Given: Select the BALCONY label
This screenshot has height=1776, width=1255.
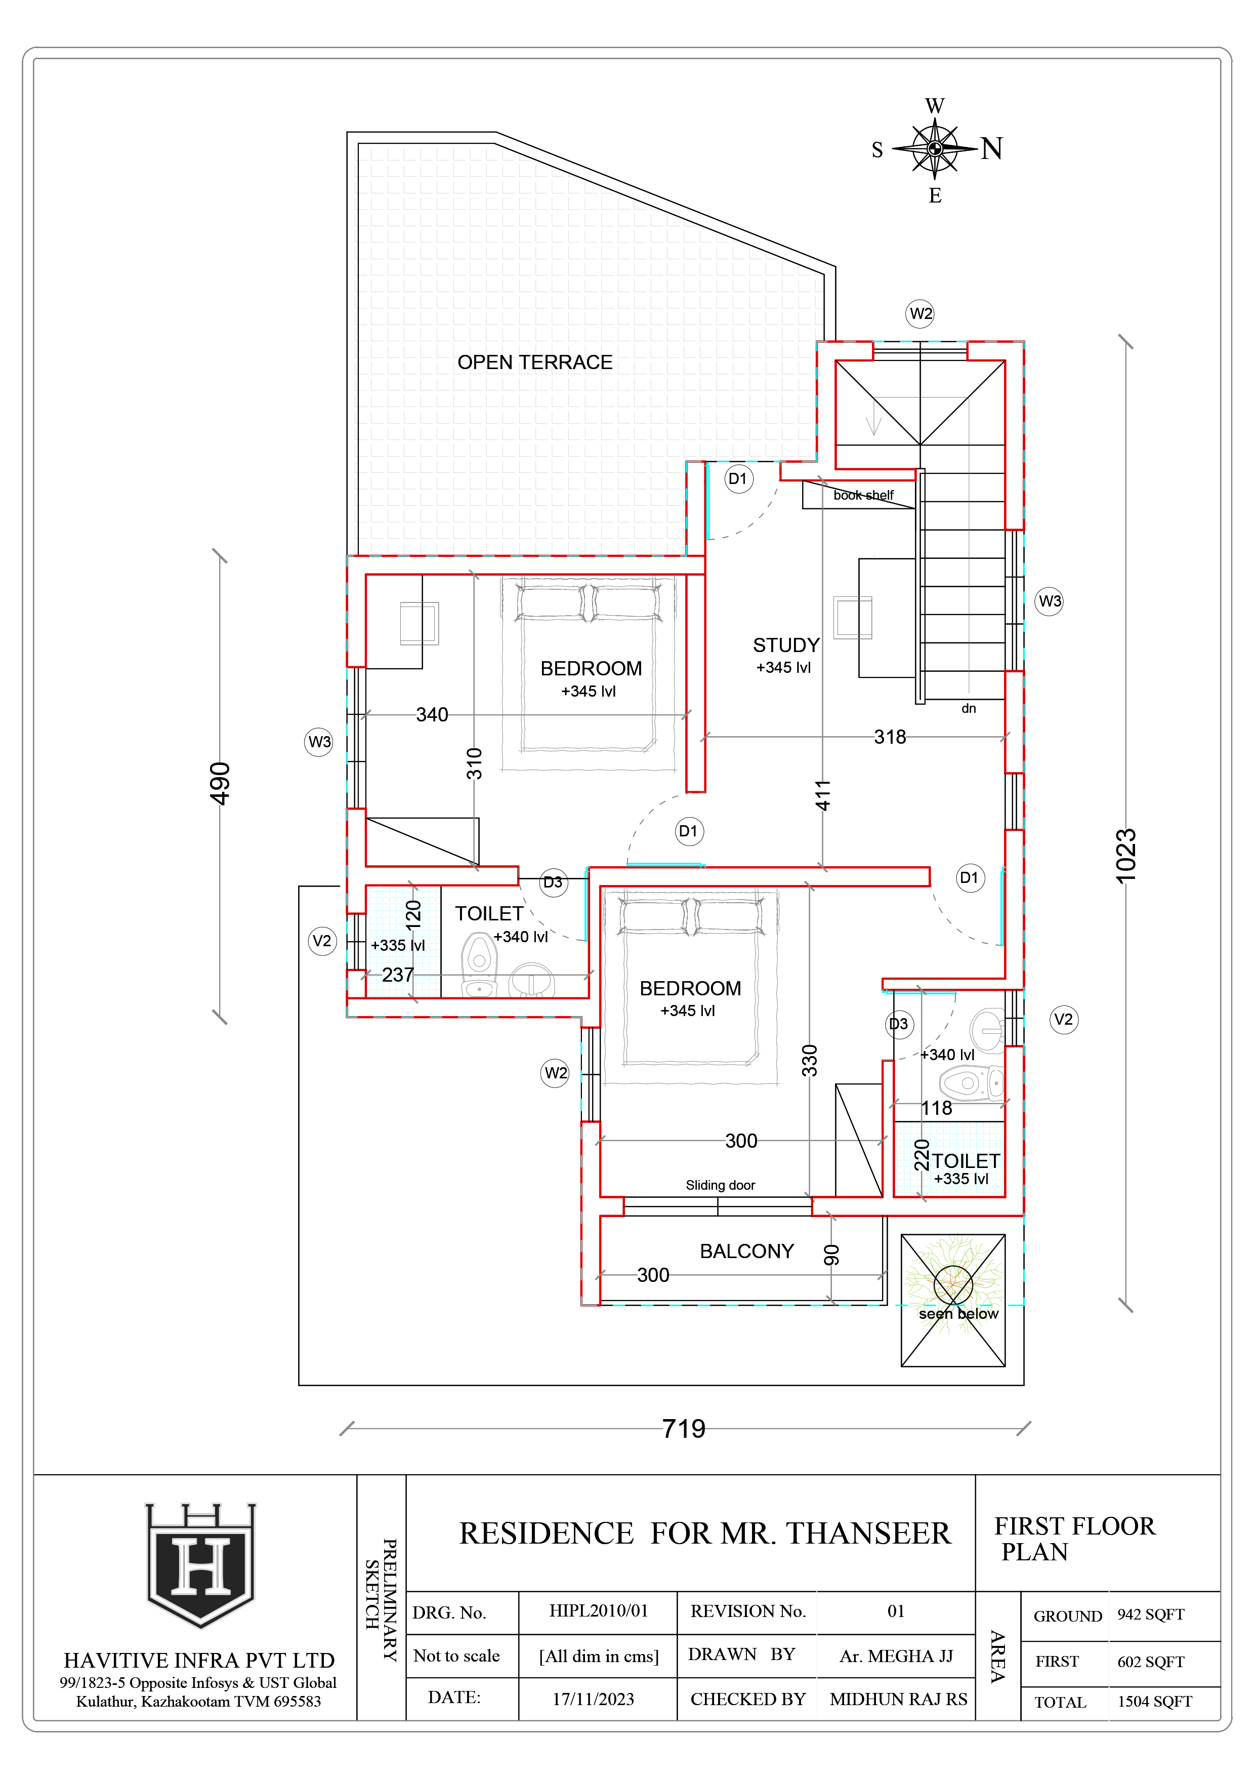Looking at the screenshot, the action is click(746, 1251).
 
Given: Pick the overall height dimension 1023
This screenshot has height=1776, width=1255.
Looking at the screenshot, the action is click(1126, 856).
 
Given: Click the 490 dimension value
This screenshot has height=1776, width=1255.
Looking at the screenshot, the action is click(220, 784).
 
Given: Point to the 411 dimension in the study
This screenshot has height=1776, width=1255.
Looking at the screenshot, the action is click(823, 795).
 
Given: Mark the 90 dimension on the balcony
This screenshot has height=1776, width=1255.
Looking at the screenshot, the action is click(831, 1255).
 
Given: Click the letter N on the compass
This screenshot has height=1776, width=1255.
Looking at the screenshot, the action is click(992, 148).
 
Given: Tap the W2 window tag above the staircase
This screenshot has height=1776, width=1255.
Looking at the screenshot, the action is click(920, 314).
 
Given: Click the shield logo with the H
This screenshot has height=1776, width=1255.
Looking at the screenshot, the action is click(201, 1565).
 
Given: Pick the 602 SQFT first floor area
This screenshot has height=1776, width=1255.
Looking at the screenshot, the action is click(1151, 1662).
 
